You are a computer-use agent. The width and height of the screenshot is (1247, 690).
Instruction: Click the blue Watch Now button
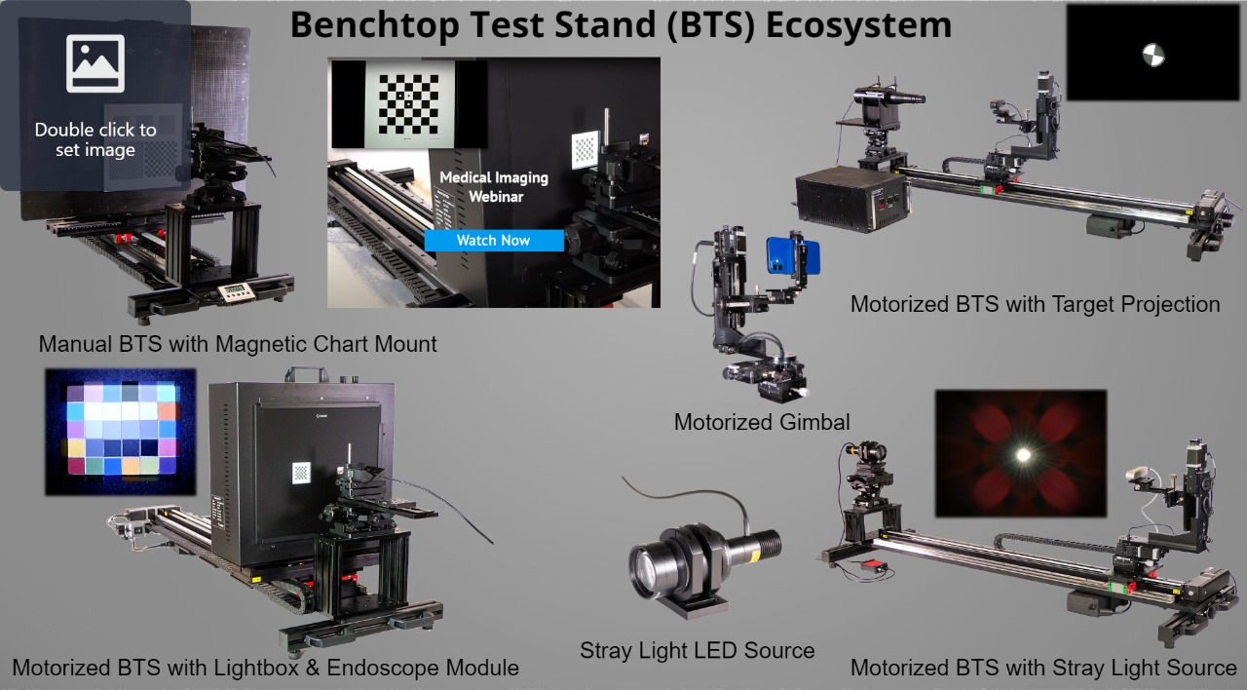[494, 241]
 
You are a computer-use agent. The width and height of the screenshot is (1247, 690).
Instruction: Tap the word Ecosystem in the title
[858, 25]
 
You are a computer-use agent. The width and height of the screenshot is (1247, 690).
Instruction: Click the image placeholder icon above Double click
[95, 63]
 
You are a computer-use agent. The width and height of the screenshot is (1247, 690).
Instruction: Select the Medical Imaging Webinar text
[494, 187]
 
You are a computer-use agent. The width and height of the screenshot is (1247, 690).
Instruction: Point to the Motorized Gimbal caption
[762, 422]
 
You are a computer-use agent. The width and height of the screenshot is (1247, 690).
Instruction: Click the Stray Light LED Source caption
[697, 650]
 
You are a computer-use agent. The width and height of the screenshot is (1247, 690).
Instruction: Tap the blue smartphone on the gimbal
[792, 256]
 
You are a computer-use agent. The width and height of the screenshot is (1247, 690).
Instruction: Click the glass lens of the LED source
[648, 568]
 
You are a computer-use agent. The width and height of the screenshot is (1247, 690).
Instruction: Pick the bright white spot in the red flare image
[1023, 455]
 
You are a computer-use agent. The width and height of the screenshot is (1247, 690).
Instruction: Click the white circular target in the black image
[1153, 55]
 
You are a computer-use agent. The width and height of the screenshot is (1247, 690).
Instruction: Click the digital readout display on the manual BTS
[233, 291]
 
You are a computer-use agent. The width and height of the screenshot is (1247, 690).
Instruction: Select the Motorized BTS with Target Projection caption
[1035, 305]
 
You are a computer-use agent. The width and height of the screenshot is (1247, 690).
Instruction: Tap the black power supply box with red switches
[851, 200]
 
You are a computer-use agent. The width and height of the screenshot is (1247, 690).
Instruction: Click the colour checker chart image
[121, 432]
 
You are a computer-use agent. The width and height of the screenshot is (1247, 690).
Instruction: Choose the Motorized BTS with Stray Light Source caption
[1043, 668]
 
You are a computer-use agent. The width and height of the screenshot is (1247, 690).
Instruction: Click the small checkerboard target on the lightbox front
[301, 474]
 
